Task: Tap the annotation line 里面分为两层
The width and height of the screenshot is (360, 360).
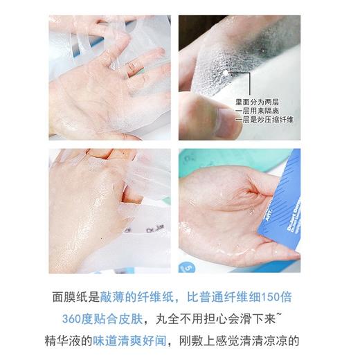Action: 255,100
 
